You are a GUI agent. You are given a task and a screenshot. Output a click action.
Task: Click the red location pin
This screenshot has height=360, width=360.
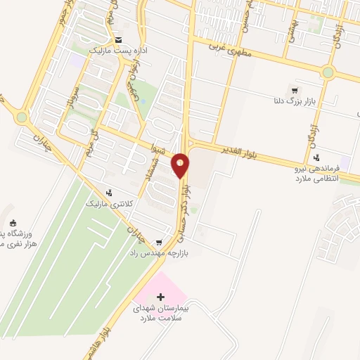click(181, 166)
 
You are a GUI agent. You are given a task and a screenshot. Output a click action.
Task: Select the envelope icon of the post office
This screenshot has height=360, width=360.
click(117, 39)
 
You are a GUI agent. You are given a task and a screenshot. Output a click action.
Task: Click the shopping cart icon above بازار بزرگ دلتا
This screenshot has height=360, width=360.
click(294, 89)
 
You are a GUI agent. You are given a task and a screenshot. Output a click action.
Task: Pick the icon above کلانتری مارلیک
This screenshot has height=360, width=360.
click(108, 192)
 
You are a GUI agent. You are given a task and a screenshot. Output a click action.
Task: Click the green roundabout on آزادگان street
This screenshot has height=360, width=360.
click(328, 72)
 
